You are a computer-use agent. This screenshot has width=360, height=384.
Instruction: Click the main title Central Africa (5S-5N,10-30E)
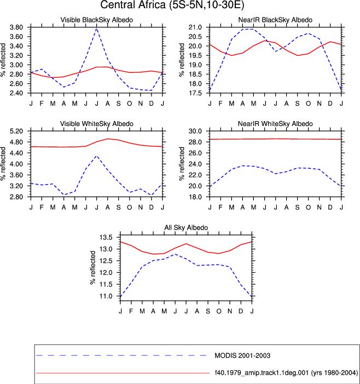point(172,5)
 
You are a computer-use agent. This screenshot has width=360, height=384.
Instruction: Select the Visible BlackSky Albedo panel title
point(97,20)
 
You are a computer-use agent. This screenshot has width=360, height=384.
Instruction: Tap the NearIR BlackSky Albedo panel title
point(275,20)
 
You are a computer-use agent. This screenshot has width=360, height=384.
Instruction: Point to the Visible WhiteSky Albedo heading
point(97,124)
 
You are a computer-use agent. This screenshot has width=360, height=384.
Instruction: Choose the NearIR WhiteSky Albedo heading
point(275,124)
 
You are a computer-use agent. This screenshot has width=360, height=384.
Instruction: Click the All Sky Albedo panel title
point(186,227)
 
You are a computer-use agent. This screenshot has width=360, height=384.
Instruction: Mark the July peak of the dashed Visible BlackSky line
point(97,28)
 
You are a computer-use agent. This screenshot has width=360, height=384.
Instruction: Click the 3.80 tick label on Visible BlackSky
point(16,27)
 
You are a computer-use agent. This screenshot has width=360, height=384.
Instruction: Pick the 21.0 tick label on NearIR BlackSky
point(195,27)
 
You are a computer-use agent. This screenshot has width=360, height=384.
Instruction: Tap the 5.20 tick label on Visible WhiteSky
point(16,131)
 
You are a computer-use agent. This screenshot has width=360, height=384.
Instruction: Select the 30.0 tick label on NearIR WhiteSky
point(195,131)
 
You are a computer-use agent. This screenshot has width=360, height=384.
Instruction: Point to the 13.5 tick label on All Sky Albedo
point(106,237)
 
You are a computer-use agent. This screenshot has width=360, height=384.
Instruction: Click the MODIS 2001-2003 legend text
point(242,356)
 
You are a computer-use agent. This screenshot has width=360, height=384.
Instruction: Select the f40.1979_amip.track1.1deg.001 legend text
point(286,372)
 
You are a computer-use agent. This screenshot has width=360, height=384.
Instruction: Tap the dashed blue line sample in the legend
point(121,356)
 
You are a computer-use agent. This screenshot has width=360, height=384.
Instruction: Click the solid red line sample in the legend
point(123,373)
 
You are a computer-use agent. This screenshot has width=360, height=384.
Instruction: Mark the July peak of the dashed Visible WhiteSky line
point(97,156)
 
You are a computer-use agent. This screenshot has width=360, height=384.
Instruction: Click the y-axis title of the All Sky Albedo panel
point(93,267)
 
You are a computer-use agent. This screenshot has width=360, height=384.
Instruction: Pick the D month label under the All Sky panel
point(241,311)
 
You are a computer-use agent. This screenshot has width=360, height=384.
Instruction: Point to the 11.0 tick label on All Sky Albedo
point(106,296)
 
